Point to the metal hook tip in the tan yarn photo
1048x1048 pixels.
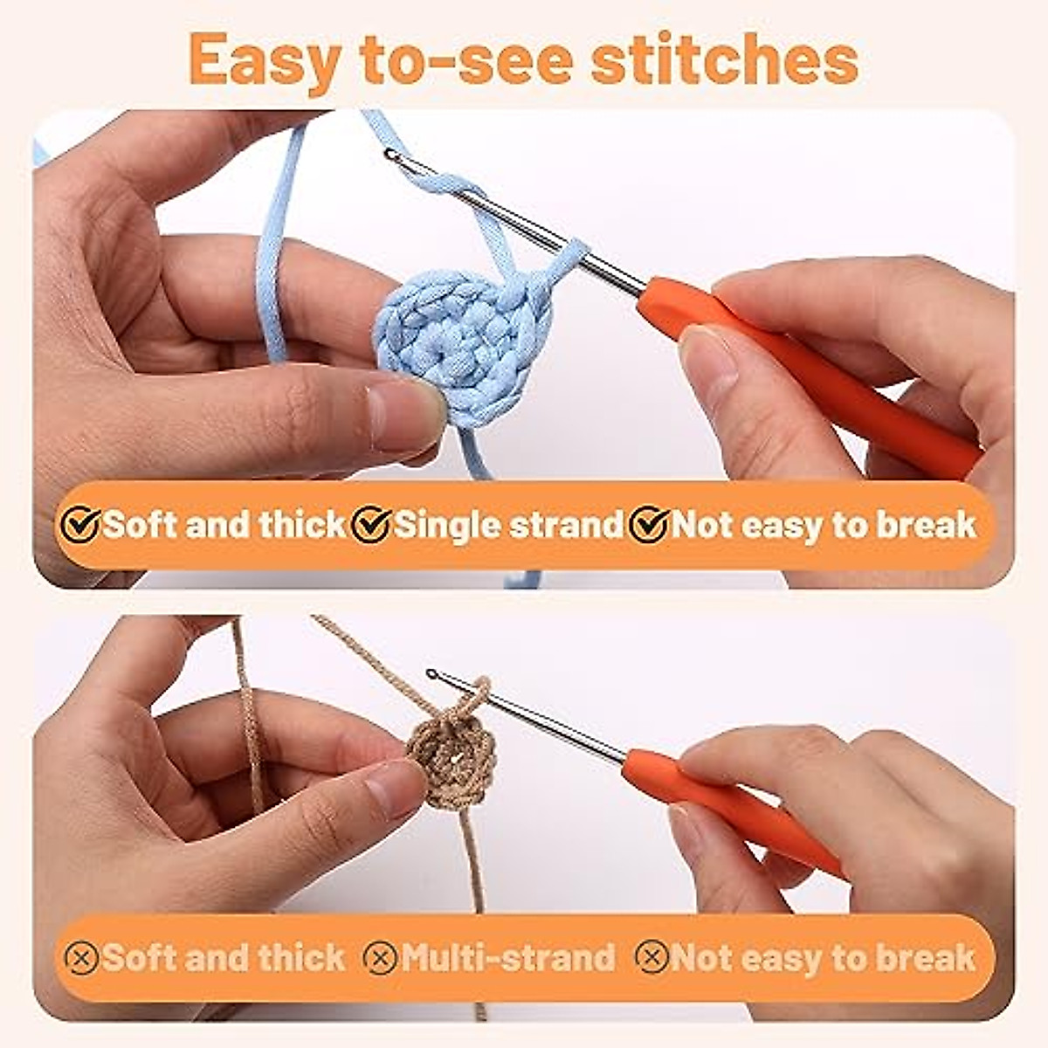[x=432, y=674]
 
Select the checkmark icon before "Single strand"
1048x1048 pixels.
[x=372, y=525]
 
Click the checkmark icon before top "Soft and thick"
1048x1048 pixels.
[x=80, y=525]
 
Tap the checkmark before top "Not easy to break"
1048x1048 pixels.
[x=650, y=525]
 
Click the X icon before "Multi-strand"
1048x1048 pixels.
[x=380, y=958]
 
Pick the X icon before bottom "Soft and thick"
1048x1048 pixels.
[x=82, y=958]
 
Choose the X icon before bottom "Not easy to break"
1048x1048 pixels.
[x=652, y=958]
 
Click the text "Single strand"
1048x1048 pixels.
[x=509, y=525]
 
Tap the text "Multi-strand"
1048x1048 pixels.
[x=508, y=958]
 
